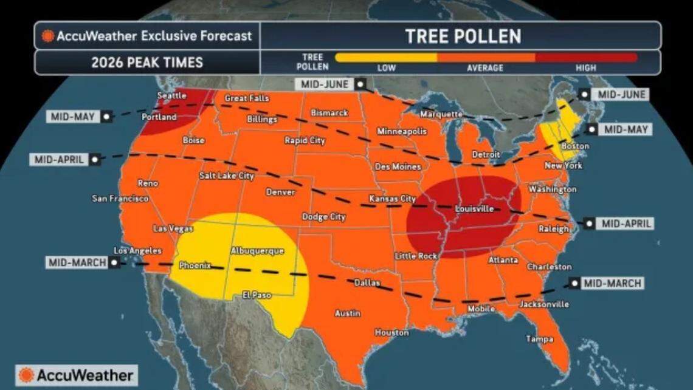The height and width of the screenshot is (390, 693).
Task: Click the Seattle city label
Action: pyautogui.click(x=172, y=95)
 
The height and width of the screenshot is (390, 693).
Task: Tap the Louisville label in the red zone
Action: pyautogui.click(x=474, y=209)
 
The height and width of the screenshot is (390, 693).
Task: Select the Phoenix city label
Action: pyautogui.click(x=195, y=265)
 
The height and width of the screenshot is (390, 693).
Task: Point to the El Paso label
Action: pyautogui.click(x=257, y=295)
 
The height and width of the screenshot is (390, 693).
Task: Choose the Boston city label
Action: pyautogui.click(x=575, y=146)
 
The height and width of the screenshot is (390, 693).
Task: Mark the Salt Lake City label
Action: pyautogui.click(x=227, y=176)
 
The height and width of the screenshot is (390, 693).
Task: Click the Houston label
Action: pyautogui.click(x=391, y=332)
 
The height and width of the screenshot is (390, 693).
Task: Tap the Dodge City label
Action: pyautogui.click(x=324, y=217)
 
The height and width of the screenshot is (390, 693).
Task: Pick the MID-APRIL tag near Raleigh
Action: pyautogui.click(x=626, y=224)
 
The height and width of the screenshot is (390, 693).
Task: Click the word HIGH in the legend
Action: pyautogui.click(x=585, y=68)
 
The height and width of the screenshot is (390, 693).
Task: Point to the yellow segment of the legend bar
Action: pyautogui.click(x=385, y=58)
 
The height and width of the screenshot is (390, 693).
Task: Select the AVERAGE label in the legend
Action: pyautogui.click(x=484, y=68)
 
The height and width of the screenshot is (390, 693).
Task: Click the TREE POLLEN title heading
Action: pyautogui.click(x=463, y=36)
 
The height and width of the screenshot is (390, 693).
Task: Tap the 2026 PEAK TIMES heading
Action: pyautogui.click(x=147, y=63)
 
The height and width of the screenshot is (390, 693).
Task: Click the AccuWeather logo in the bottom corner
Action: pyautogui.click(x=77, y=375)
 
